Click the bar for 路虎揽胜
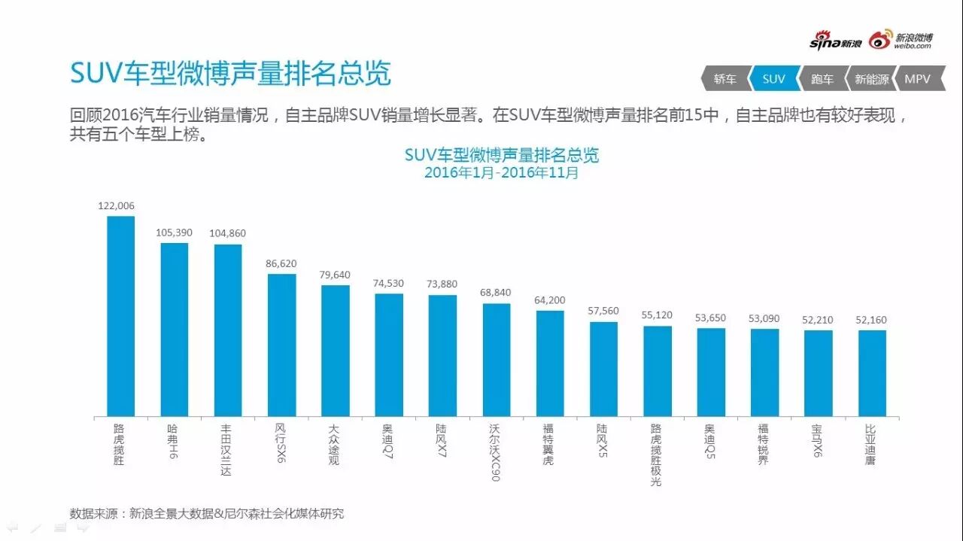pyautogui.click(x=120, y=316)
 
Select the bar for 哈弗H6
pyautogui.click(x=175, y=330)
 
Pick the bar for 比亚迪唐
pyautogui.click(x=872, y=373)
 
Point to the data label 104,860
pyautogui.click(x=228, y=233)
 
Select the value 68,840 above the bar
pyautogui.click(x=497, y=292)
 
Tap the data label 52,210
pyautogui.click(x=818, y=320)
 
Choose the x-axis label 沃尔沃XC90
pyautogui.click(x=496, y=451)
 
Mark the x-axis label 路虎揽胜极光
pyautogui.click(x=657, y=454)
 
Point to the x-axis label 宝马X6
pyautogui.click(x=818, y=440)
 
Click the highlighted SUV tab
pyautogui.click(x=773, y=79)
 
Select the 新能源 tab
pyautogui.click(x=871, y=79)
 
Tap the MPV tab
pyautogui.click(x=918, y=79)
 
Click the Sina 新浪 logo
pyautogui.click(x=835, y=42)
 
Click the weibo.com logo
pyautogui.click(x=901, y=41)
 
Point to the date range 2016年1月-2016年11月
pyautogui.click(x=502, y=172)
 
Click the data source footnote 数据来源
pyautogui.click(x=207, y=514)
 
